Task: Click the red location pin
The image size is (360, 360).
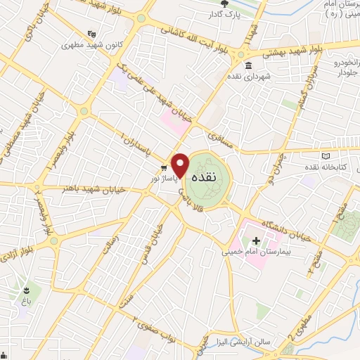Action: pyautogui.click(x=181, y=165)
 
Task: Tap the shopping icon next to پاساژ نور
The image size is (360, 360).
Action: pyautogui.click(x=162, y=167)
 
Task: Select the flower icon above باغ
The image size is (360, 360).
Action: pyautogui.click(x=27, y=290)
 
